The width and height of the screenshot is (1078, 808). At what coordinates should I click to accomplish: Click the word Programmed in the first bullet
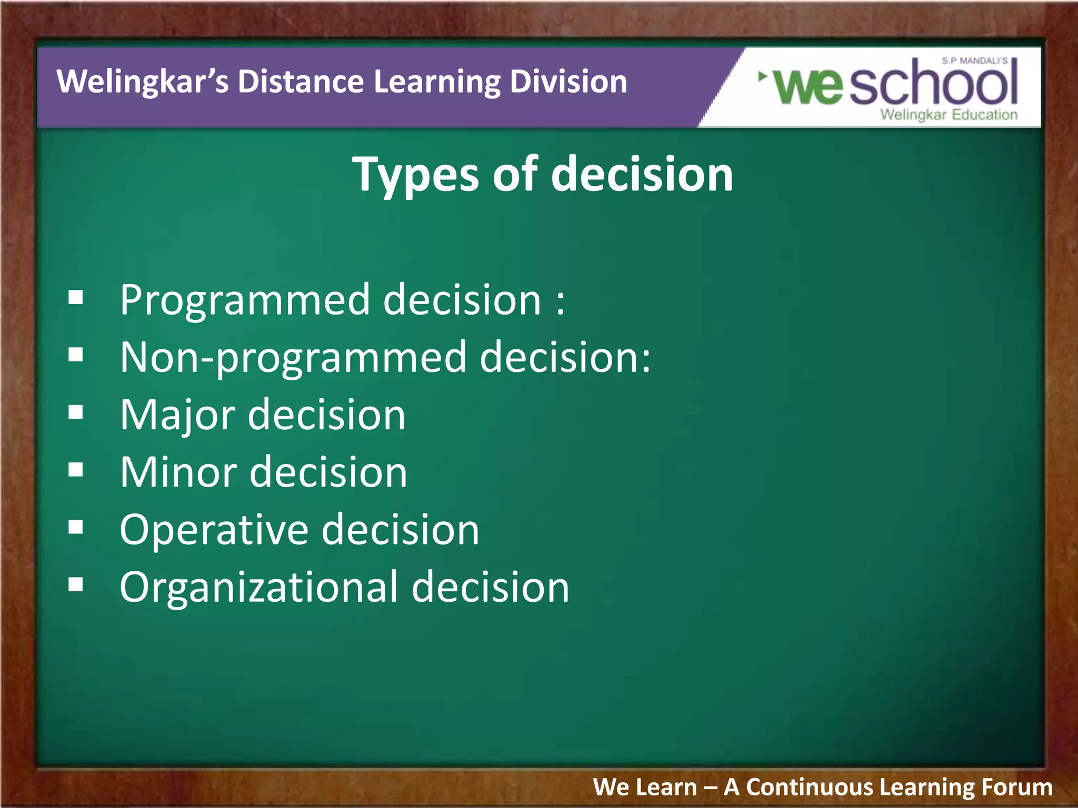point(245,300)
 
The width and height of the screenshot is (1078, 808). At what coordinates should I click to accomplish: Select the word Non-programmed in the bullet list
point(293,358)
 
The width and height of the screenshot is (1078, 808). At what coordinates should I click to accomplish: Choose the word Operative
point(214,530)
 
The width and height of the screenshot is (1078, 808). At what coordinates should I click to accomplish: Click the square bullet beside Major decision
point(76,412)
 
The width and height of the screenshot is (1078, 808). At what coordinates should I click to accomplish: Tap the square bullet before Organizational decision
point(76,584)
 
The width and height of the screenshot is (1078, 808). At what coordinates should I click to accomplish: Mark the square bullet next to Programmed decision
point(76,298)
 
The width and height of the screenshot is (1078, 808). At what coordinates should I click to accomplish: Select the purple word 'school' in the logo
point(933,83)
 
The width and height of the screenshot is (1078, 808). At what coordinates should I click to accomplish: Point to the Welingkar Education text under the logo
point(949,115)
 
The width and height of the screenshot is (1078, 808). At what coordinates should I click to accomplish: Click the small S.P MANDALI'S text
point(974,61)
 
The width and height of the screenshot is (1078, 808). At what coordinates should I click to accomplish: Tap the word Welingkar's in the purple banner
point(142,82)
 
